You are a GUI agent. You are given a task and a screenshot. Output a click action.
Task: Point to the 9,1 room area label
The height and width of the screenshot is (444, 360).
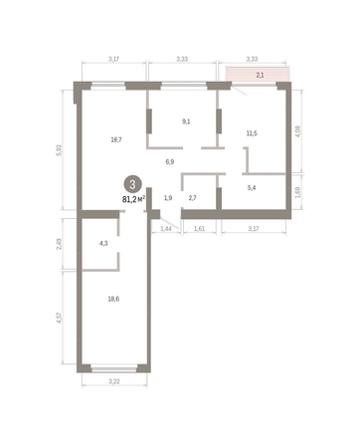point(185,121)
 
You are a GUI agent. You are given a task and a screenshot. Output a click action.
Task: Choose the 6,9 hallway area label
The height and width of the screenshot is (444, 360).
point(169,161)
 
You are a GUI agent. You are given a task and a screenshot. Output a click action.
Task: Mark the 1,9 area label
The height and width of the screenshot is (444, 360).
point(168,198)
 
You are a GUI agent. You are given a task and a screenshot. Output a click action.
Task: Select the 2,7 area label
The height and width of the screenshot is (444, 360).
point(194,198)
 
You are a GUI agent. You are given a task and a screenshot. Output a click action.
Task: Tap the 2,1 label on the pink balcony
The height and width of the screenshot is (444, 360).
point(261,75)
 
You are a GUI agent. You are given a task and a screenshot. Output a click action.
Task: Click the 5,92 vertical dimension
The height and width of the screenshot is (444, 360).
point(62,150)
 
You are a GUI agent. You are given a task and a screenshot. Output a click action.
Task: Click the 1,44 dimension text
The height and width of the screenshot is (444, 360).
point(165,229)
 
